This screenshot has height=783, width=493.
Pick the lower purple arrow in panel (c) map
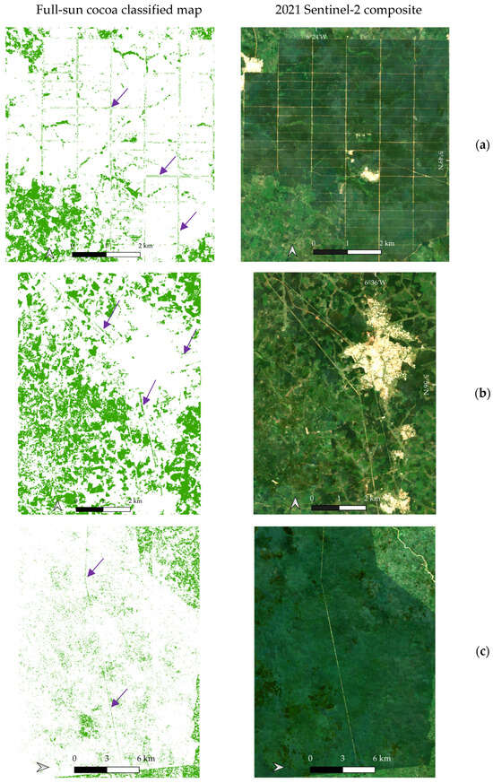[x=117, y=696]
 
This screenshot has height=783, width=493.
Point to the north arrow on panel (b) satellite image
[x=295, y=505]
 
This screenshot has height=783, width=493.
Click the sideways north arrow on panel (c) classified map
[x=40, y=767]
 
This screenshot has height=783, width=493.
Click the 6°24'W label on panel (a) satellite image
[x=316, y=37]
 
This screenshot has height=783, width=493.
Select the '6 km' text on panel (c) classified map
[x=144, y=758]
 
